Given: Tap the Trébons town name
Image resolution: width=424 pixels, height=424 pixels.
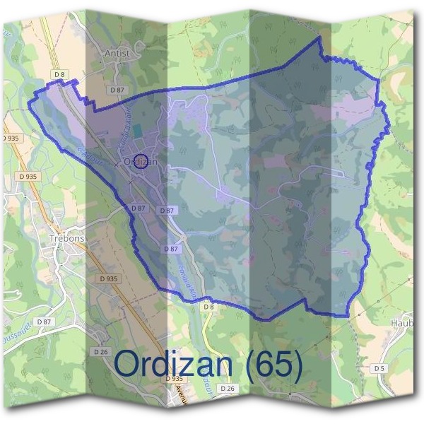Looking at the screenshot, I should (x=67, y=238).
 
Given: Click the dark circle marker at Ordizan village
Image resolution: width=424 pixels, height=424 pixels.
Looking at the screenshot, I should (x=140, y=162).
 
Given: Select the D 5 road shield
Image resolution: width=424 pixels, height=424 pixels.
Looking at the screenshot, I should (x=380, y=368).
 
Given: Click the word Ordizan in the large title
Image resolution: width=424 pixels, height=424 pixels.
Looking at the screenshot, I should (x=173, y=363).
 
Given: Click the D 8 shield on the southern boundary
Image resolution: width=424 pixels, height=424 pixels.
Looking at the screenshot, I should (x=208, y=307).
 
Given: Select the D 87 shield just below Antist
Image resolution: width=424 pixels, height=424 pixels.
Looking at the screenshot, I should (x=117, y=90).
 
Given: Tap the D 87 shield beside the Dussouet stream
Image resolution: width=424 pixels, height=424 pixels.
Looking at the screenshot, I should (x=45, y=322).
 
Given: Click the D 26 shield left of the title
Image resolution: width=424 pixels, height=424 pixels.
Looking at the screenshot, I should (x=100, y=351).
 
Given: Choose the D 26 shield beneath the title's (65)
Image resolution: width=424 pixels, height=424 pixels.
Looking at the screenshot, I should (x=227, y=389).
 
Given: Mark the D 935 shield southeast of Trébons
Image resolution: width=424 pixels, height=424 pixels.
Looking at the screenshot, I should (x=108, y=278).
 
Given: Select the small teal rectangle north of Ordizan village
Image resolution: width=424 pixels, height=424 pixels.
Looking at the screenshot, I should (x=136, y=132).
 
